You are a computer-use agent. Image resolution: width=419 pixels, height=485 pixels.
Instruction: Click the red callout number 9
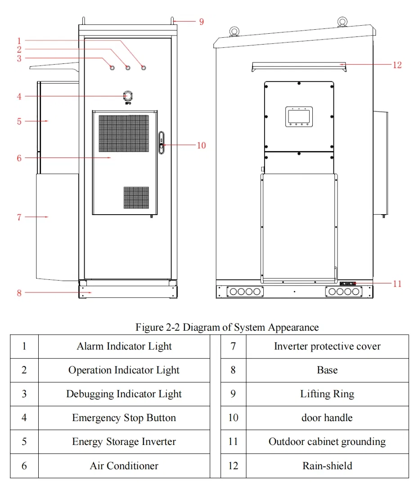(202, 21)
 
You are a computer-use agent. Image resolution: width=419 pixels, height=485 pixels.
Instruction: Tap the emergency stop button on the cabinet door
(127, 95)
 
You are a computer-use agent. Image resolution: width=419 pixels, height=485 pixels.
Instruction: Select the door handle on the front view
(162, 143)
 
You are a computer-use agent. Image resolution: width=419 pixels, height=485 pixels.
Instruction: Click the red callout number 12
(397, 65)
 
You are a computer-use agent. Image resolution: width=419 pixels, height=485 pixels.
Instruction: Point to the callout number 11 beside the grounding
(397, 283)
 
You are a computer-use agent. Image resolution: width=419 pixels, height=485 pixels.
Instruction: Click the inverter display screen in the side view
(299, 116)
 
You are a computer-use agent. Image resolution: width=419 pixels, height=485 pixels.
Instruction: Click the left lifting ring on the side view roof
(234, 31)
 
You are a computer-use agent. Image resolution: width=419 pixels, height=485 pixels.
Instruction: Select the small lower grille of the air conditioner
(136, 198)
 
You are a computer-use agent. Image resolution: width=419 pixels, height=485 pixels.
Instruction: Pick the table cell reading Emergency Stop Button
(124, 418)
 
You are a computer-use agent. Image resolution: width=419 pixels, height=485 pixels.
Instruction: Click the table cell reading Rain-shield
(327, 466)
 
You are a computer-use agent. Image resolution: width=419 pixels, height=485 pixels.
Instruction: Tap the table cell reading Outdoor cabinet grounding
(327, 442)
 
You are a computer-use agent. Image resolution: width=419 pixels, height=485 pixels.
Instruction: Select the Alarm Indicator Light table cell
(124, 346)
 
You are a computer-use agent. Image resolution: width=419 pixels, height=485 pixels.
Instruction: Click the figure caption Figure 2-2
(227, 327)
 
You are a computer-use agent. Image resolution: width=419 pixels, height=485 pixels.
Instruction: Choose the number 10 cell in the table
(233, 418)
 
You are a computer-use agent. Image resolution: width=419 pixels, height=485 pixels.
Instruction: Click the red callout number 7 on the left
(19, 217)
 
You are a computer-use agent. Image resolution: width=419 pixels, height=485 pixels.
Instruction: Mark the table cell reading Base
(327, 370)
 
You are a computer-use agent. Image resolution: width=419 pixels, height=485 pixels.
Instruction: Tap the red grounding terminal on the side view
(348, 283)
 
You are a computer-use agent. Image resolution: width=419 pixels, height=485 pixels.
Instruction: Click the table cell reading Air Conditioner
(124, 466)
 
